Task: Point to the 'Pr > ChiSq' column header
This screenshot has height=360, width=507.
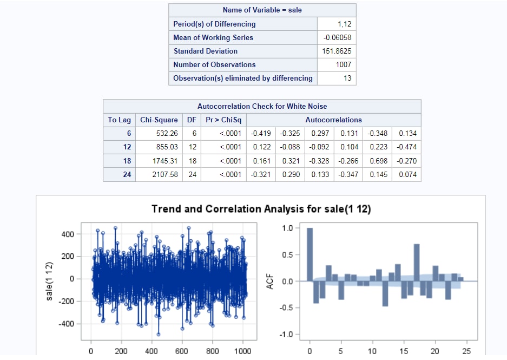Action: [x=223, y=120]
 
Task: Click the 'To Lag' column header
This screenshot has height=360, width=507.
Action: [x=120, y=120]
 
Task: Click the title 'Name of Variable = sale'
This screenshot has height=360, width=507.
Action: [x=262, y=10]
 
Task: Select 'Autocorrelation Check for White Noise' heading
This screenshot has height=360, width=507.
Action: [x=262, y=106]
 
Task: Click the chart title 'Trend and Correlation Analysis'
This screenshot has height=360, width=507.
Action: [x=261, y=209]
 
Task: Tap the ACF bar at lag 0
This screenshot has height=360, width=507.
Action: [x=310, y=254]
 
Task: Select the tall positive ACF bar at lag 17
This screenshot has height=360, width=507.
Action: [x=417, y=263]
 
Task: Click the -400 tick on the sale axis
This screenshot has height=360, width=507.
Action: [x=67, y=324]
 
